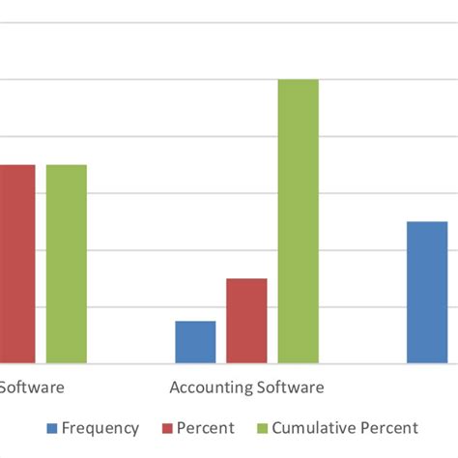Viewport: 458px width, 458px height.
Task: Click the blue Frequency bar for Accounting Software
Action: [195, 342]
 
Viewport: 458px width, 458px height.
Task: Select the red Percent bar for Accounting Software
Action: [246, 321]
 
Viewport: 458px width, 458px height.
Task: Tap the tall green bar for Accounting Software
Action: [299, 221]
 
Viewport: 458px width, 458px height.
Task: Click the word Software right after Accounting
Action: [288, 387]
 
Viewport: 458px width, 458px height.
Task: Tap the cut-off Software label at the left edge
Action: [32, 387]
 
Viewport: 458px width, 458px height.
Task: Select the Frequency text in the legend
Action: [101, 428]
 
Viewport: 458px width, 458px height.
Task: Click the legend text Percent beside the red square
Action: [206, 428]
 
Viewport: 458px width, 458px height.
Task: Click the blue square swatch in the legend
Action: [52, 428]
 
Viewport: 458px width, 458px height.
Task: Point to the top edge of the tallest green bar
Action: [299, 79]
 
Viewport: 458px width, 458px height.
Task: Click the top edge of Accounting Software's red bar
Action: [246, 279]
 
